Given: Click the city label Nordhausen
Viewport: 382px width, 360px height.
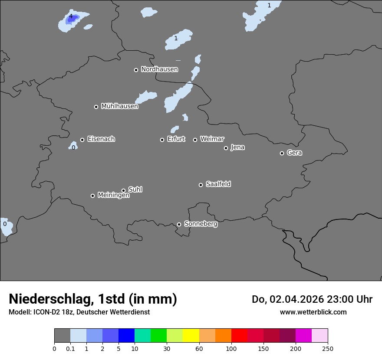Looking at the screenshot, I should point(159,69).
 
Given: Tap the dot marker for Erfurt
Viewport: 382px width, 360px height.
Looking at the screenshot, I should point(162,140).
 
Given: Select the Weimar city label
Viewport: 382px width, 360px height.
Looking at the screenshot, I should point(212,139).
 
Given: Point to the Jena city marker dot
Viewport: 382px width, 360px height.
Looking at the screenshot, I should point(226,148).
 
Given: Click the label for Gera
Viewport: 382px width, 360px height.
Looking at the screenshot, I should point(294,153).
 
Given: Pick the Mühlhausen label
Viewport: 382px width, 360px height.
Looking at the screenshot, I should point(119,106).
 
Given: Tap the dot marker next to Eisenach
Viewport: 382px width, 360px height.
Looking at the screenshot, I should point(82,140).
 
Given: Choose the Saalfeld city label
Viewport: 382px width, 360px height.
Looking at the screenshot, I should point(218,184).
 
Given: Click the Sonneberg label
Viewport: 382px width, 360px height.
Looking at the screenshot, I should point(201,224).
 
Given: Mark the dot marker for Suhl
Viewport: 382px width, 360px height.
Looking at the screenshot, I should point(123,190).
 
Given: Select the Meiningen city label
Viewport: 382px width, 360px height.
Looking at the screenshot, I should point(113,196).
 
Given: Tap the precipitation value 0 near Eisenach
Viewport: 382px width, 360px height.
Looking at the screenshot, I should point(73,147).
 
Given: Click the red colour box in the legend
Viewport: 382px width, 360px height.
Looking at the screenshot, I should point(239,336).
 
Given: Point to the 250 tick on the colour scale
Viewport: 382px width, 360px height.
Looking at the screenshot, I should point(328,348).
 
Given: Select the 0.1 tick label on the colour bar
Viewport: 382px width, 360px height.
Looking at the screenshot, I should point(70,348).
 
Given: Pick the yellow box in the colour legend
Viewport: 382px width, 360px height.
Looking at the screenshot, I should point(191,336).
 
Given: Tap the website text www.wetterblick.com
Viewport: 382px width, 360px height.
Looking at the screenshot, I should point(313,312).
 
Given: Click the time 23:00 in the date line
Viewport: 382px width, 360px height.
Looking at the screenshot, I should point(340,299).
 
